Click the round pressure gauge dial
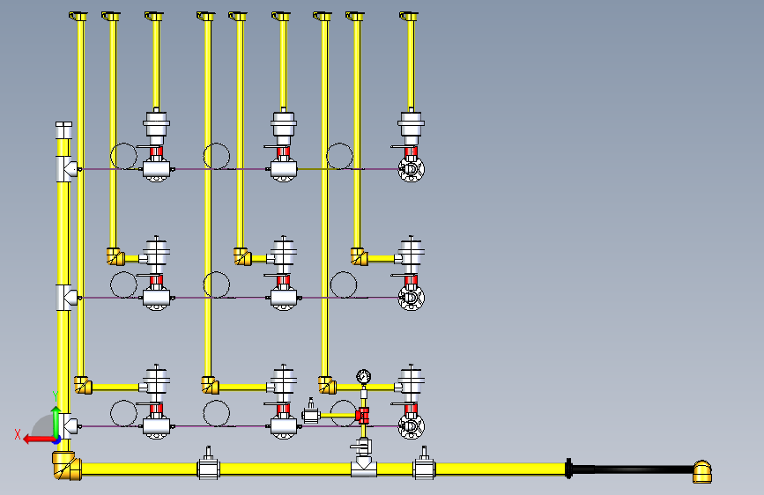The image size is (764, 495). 363,377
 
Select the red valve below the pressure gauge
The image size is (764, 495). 362,416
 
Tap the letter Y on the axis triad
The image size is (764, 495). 56,395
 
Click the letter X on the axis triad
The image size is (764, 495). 18,434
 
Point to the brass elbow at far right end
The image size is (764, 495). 702,471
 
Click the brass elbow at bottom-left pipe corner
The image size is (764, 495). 67,465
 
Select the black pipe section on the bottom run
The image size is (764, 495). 632,469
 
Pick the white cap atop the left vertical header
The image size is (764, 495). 63,130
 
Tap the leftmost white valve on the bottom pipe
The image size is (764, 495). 208,465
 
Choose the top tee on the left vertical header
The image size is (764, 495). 67,169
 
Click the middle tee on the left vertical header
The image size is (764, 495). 67,298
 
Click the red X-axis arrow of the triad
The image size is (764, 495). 40,440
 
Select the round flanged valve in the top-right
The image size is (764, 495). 412,169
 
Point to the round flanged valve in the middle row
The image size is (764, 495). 412,298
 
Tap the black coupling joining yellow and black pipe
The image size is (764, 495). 568,469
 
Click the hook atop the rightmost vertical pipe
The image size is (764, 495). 408,17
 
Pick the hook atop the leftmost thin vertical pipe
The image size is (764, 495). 78,17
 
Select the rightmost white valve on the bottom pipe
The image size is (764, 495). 424,465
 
